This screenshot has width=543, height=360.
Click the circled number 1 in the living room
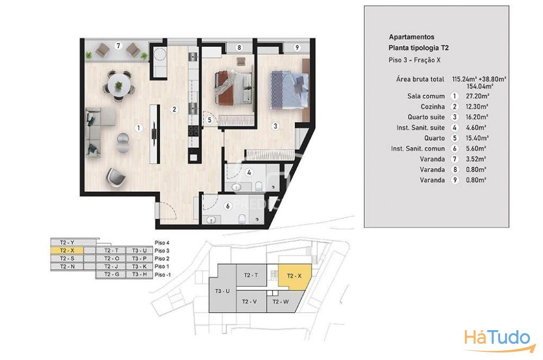[x=138, y=128]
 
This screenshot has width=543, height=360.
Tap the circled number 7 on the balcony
[x=118, y=46]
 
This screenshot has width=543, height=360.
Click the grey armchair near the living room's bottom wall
[x=116, y=177]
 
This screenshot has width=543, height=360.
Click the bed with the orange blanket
[x=233, y=87]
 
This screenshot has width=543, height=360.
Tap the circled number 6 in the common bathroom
[x=228, y=206]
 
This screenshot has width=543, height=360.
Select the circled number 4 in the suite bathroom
[x=249, y=172]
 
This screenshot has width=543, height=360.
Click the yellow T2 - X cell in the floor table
[x=67, y=251]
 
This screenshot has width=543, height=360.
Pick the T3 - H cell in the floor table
[x=139, y=275]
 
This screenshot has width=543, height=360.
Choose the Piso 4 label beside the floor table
[x=162, y=243]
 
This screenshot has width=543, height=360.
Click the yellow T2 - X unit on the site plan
[x=294, y=277]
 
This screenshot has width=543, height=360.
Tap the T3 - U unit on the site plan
[x=222, y=291]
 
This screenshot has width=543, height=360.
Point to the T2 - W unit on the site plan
[x=281, y=302]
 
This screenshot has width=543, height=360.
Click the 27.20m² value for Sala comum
[x=477, y=96]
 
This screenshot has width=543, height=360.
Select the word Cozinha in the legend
[x=433, y=106]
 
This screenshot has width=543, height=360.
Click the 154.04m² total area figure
[x=479, y=86]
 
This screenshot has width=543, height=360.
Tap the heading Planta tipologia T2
[x=418, y=48]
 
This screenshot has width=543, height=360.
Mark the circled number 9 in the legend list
[x=454, y=180]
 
